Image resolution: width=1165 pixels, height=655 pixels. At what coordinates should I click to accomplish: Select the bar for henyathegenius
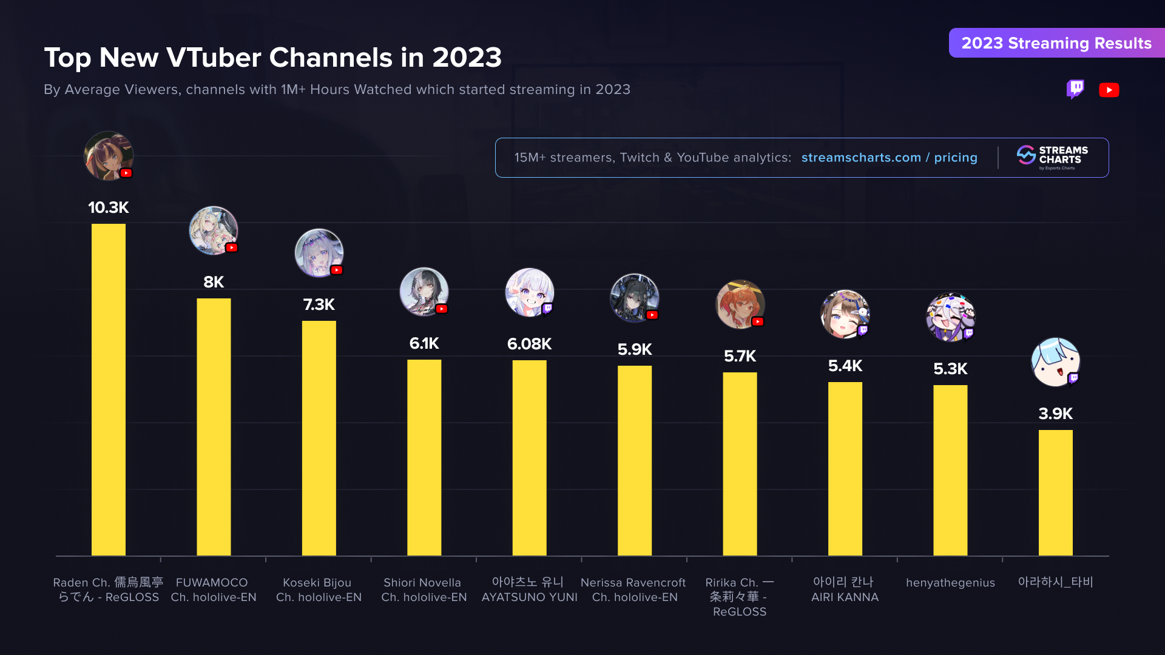point(950,470)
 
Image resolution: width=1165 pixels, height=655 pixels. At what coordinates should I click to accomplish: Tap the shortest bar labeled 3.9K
point(1055,492)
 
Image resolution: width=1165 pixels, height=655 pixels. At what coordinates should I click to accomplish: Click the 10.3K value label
point(109,207)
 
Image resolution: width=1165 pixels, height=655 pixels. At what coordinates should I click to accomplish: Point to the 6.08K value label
point(529,344)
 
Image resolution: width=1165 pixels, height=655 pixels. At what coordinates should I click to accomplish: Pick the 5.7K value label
point(740,356)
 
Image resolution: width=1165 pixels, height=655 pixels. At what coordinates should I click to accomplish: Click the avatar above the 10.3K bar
point(108,156)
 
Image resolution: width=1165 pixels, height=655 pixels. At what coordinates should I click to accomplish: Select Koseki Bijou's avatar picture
point(319,253)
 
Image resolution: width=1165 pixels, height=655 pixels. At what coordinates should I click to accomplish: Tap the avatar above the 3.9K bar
point(1055,362)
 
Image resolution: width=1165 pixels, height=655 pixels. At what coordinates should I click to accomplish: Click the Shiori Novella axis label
point(424,589)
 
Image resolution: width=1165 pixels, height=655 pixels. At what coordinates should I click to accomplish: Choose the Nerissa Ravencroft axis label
point(633,589)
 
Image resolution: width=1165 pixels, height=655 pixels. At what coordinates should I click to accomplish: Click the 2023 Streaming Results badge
point(1056,43)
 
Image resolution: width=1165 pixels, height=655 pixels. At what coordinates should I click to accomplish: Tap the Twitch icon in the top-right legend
point(1075,89)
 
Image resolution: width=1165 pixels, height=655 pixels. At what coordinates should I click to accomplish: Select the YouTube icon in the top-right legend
point(1109,90)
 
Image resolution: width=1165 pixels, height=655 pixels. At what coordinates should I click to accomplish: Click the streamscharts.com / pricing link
point(889,158)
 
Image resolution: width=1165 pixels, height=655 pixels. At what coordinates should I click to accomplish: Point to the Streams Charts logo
point(1053,157)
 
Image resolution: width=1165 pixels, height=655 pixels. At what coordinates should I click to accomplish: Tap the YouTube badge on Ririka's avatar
point(758,321)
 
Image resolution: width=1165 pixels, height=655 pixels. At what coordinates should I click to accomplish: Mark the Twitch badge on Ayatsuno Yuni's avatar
point(547,309)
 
